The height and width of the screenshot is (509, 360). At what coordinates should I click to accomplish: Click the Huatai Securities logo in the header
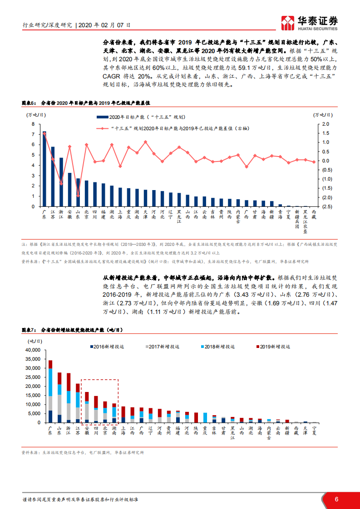tap(310, 21)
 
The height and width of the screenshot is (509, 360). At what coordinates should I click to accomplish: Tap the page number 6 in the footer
tap(336, 499)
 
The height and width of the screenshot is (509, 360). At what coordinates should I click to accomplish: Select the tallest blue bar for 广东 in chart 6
tap(44, 169)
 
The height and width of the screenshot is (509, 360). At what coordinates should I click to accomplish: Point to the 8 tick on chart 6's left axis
tap(33, 124)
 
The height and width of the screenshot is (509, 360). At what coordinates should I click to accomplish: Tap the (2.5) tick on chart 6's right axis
tap(325, 206)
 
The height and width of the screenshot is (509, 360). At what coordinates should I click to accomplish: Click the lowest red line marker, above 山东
tap(78, 196)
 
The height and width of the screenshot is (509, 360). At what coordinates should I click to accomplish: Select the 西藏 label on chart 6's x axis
tap(314, 215)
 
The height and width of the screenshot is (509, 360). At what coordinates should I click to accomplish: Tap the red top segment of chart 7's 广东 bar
tap(50, 364)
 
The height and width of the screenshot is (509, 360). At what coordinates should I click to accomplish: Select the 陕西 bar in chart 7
tap(196, 417)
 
